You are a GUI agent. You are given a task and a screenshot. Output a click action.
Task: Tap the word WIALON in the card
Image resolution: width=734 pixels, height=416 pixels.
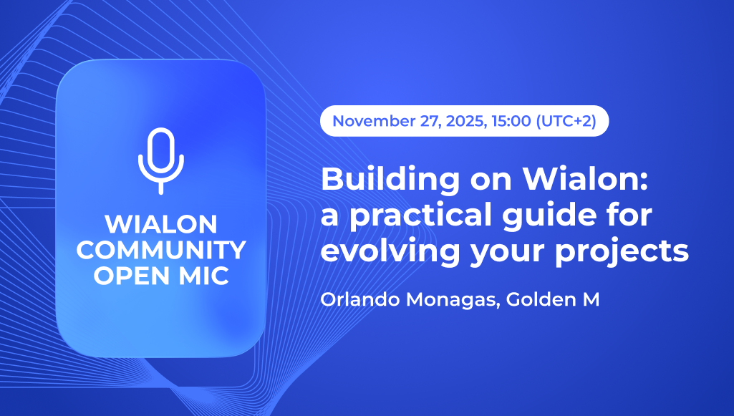(x=161, y=225)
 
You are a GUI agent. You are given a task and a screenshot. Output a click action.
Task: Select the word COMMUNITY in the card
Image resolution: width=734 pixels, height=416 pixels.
(x=161, y=250)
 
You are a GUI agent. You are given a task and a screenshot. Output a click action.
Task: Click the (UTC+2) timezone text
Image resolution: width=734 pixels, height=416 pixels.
(x=566, y=121)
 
